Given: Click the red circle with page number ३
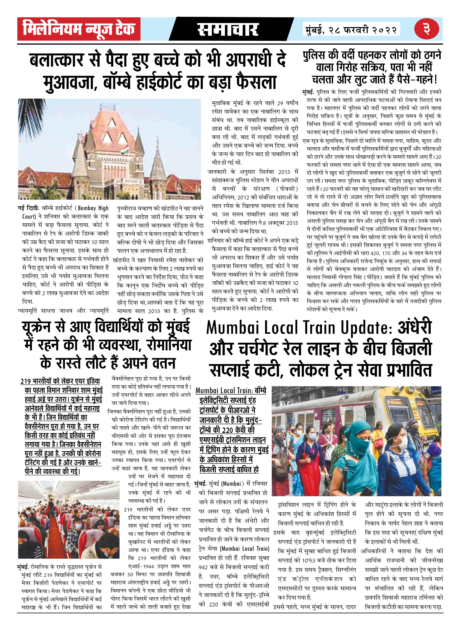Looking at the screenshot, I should tap(427, 29).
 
